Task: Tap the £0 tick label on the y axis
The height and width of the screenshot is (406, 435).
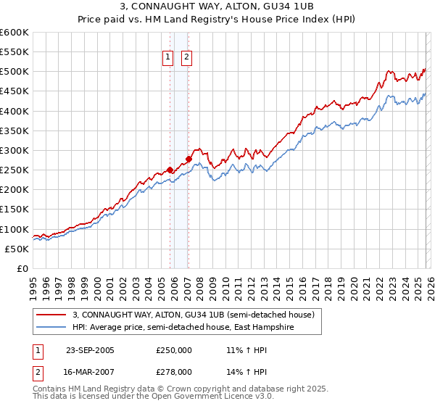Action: coord(22,268)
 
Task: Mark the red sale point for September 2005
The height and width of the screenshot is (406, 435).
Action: coord(170,170)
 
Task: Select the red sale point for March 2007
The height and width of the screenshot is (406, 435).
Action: coord(188,159)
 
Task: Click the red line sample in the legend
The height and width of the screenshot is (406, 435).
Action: coord(50,315)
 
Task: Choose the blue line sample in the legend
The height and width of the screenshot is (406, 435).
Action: coord(50,328)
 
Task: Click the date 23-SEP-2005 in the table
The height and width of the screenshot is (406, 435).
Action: coord(90,350)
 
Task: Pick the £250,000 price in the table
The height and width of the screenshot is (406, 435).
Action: coord(174,350)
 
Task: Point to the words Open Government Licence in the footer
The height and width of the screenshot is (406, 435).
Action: coord(212,397)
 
